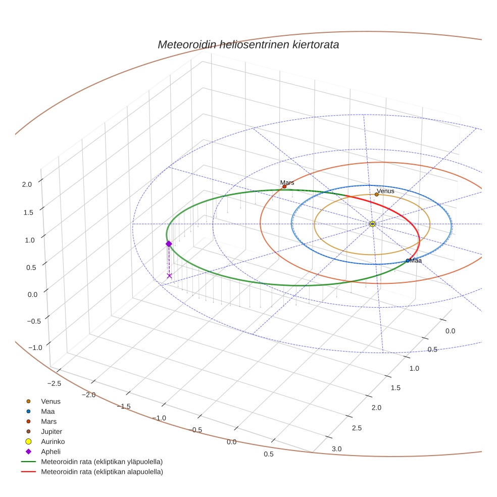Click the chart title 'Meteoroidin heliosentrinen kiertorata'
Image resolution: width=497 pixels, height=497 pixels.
point(248,44)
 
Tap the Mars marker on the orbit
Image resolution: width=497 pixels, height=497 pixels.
point(284,186)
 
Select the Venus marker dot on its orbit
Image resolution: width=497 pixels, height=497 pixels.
point(377,194)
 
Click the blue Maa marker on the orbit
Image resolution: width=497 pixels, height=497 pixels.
point(408,261)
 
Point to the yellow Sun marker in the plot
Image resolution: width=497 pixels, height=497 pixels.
point(372,224)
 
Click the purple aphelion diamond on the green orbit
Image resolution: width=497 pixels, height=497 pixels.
point(169,243)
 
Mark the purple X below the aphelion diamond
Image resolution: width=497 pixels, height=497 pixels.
point(169,276)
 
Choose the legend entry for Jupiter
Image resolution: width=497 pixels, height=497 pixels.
point(52,431)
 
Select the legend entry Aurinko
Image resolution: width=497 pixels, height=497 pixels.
point(53,441)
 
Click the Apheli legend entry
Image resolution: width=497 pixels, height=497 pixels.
point(51,452)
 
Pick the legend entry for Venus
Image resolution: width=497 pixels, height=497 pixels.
point(51,401)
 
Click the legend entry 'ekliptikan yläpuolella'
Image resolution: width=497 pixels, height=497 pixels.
point(102,462)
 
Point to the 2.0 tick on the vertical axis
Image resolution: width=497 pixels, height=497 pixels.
point(27,184)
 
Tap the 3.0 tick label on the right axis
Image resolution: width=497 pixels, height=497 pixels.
point(336,449)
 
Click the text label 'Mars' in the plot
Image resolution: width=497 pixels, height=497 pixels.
point(287,182)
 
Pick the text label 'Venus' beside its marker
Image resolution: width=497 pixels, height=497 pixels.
point(386,191)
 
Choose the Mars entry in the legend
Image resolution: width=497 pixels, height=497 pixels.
point(48,421)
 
